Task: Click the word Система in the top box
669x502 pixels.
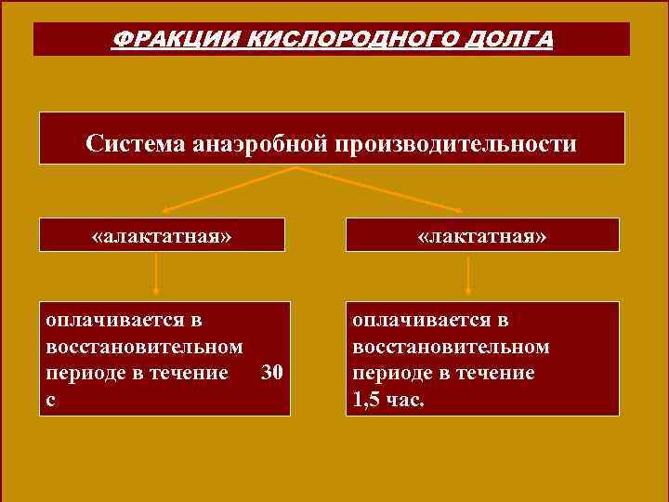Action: pyautogui.click(x=135, y=145)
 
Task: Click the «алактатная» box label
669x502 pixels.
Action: pyautogui.click(x=162, y=236)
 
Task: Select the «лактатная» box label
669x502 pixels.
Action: pyautogui.click(x=482, y=236)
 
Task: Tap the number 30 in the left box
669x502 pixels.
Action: pyautogui.click(x=272, y=374)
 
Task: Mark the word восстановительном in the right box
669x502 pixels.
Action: pyautogui.click(x=452, y=347)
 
